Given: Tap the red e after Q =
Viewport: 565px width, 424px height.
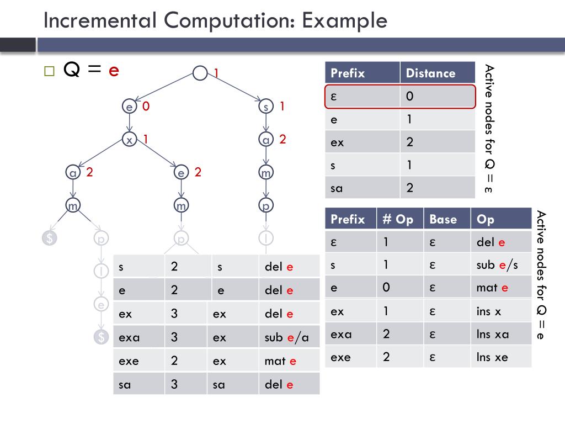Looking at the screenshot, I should (x=114, y=70).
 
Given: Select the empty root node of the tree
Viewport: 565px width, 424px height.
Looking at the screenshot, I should (x=200, y=73).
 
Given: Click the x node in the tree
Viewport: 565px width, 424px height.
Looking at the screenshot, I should (x=129, y=140).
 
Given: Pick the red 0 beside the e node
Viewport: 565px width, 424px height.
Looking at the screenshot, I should (x=146, y=107).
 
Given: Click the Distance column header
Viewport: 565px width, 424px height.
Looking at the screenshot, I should (x=430, y=73).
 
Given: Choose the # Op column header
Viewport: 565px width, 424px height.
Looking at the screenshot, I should (x=398, y=219).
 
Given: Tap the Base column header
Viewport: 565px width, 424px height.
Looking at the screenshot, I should (x=443, y=219).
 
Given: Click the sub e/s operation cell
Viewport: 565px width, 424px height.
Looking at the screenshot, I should (x=497, y=265).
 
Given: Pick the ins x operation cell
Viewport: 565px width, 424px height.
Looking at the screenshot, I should (x=488, y=311).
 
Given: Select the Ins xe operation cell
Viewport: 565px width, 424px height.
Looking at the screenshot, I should (x=492, y=357).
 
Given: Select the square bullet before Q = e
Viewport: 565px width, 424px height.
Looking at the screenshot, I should (x=49, y=71).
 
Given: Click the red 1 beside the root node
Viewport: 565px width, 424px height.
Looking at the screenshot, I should (x=216, y=73).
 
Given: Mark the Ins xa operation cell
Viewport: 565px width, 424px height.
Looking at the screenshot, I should (x=492, y=334).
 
